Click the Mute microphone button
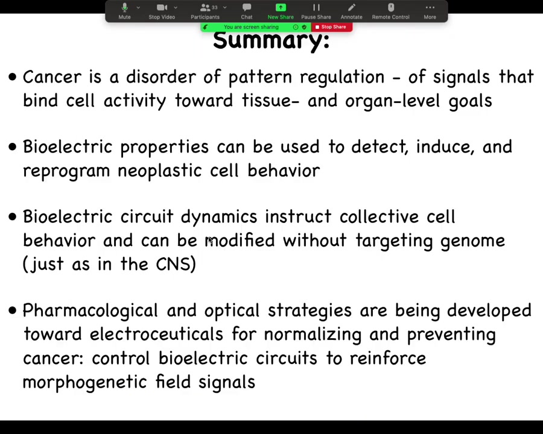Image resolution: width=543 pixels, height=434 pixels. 125,11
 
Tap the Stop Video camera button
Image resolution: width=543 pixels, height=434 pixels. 162,11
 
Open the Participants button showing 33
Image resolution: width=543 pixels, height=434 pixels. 205,11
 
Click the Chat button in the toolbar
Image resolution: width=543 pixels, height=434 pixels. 247,11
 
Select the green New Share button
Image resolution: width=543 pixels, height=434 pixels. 281,11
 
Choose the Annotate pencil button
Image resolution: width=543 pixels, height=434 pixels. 352,11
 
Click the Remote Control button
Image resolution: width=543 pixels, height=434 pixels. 390,11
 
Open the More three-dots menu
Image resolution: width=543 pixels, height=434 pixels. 430,11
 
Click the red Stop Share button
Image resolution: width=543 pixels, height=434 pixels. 332,27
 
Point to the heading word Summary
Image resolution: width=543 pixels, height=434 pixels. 271,40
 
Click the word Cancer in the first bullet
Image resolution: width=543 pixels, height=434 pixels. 52,77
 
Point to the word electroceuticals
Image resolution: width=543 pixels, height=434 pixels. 156,335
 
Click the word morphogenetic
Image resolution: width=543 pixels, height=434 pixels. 85,382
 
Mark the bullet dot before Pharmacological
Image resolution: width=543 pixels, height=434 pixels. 13,310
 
